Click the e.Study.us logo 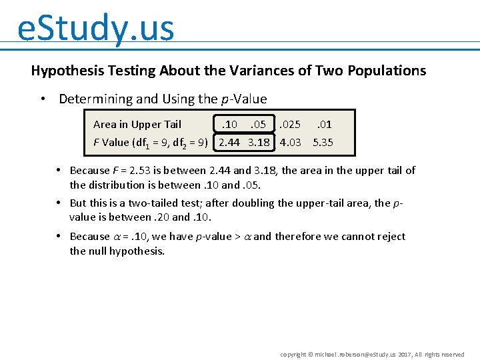(95, 28)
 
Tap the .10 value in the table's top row (229, 125)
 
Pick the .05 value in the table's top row (257, 125)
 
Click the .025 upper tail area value (289, 125)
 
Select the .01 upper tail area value (324, 125)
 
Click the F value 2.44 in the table (230, 142)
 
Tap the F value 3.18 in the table (259, 142)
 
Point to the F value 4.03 (290, 142)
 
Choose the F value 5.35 (323, 142)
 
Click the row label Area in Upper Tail (137, 125)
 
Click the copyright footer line (372, 355)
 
